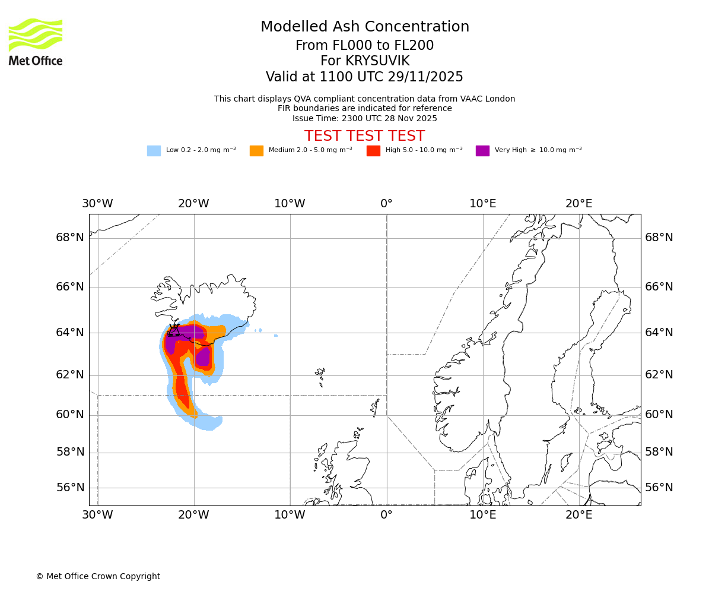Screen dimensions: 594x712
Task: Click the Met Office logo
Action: pyautogui.click(x=36, y=42)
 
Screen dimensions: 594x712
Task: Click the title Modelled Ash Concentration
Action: pyautogui.click(x=364, y=27)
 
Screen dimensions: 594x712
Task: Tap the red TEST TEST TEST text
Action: pyautogui.click(x=364, y=137)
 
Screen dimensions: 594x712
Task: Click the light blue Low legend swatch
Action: pyautogui.click(x=154, y=151)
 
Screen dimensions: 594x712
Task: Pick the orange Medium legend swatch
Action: pyautogui.click(x=256, y=151)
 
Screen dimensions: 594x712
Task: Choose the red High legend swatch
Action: pyautogui.click(x=373, y=151)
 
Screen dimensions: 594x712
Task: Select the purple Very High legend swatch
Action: pyautogui.click(x=482, y=151)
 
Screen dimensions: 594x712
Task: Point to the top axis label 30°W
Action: pyautogui.click(x=97, y=204)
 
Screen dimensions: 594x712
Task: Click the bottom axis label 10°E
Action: pyautogui.click(x=483, y=515)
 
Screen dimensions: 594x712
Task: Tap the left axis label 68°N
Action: pyautogui.click(x=70, y=238)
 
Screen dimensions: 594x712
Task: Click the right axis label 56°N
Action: pyautogui.click(x=659, y=488)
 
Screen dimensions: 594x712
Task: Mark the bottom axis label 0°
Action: pyautogui.click(x=386, y=515)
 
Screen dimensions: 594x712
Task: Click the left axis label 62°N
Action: pyautogui.click(x=70, y=375)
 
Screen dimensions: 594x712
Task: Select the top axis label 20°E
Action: pyautogui.click(x=579, y=204)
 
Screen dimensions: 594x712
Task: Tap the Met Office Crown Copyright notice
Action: pyautogui.click(x=98, y=577)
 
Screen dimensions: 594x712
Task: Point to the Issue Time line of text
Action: pyautogui.click(x=364, y=118)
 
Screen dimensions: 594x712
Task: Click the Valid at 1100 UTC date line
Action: pyautogui.click(x=364, y=77)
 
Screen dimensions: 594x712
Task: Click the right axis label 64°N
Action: pyautogui.click(x=659, y=332)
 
